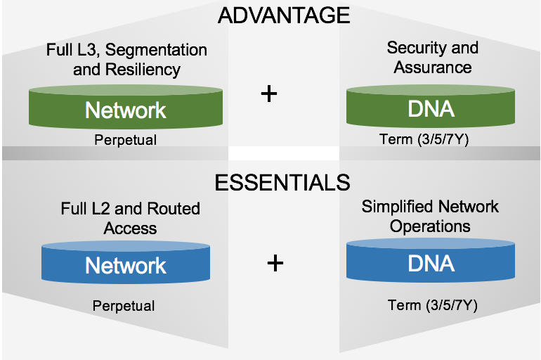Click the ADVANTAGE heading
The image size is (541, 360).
point(284,15)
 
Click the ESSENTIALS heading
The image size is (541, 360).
point(282,182)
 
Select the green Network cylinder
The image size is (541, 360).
point(126,107)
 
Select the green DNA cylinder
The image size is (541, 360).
point(431,106)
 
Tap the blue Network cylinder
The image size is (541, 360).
point(126,262)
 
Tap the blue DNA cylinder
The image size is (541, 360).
point(431,261)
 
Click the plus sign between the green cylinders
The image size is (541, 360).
point(269,94)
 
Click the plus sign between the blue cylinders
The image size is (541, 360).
point(275,264)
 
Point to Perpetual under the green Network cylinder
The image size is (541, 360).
point(126,140)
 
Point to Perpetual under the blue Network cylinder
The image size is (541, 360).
point(124,306)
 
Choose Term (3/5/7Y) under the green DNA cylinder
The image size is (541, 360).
point(424,139)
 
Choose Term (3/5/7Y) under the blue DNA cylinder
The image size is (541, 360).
point(433,305)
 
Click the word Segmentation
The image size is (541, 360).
point(156,51)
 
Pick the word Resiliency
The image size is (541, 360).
point(143,70)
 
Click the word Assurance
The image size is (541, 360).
point(433,67)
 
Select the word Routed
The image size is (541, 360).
point(174,209)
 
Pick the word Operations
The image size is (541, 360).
point(430,227)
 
